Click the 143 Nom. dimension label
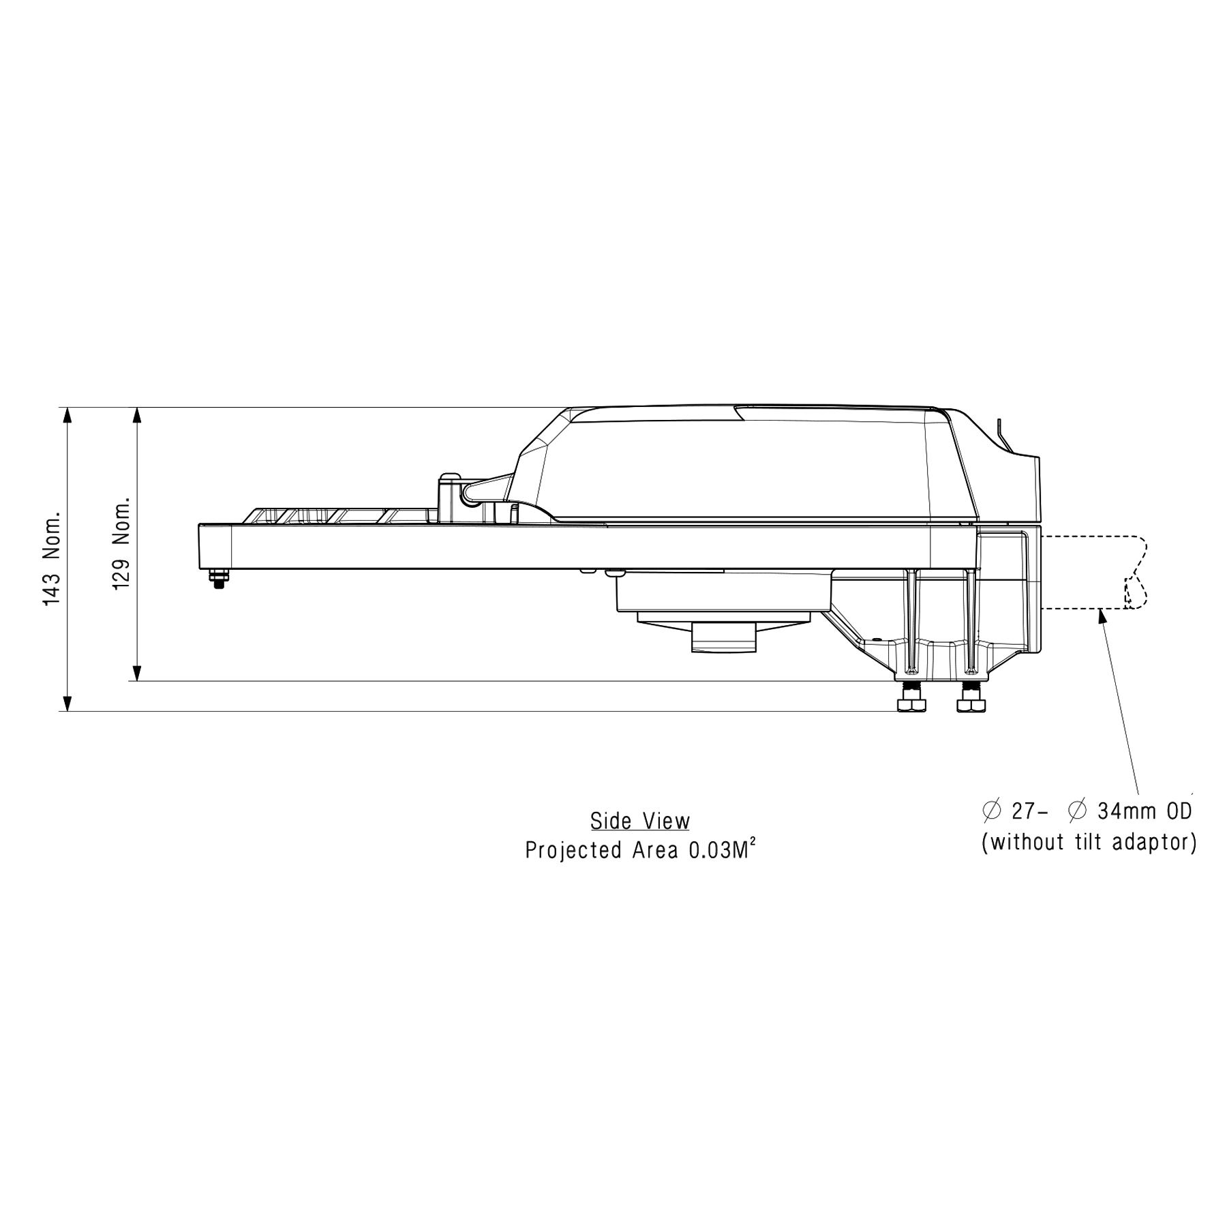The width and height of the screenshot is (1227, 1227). point(52,558)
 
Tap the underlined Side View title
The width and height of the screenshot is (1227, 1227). point(640,821)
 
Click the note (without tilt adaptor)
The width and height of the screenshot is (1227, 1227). point(1089,843)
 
